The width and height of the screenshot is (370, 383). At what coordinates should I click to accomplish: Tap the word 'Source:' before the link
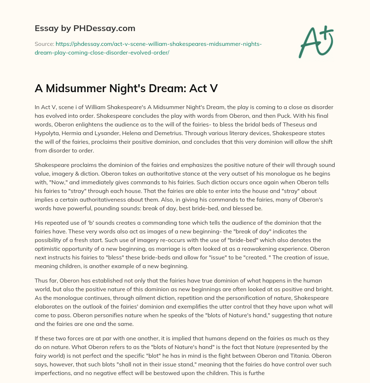(x=44, y=44)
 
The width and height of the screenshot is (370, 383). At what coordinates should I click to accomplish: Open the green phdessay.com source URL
(x=148, y=48)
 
